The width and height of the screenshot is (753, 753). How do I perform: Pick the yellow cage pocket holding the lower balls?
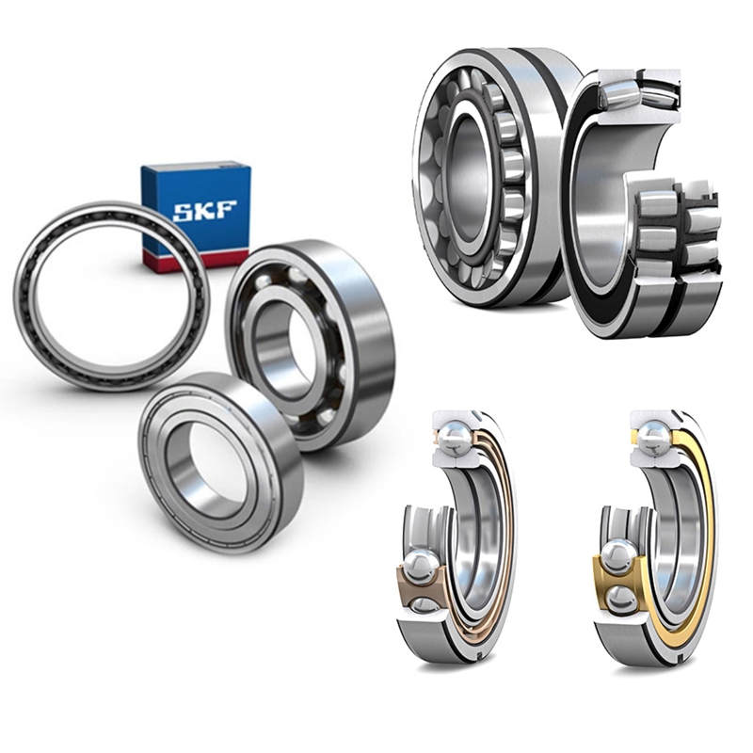pyautogui.click(x=617, y=574)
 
